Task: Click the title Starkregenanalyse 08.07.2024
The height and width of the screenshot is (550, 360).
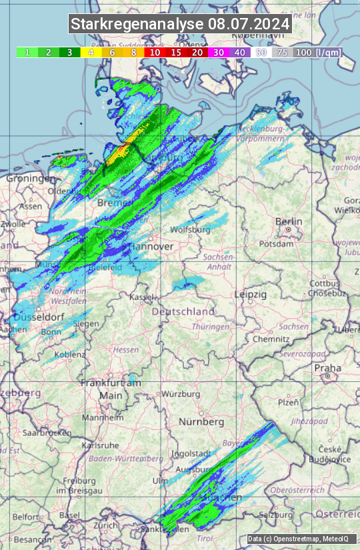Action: [x=180, y=25]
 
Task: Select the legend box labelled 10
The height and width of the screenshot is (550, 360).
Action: [x=155, y=52]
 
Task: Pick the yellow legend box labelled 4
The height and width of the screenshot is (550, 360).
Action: [x=90, y=52]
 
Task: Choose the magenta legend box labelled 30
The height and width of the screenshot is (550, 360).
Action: [x=219, y=52]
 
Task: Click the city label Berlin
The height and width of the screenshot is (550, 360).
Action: [x=289, y=222]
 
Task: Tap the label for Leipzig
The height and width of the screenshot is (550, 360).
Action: [x=251, y=294]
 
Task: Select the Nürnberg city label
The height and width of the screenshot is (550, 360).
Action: [x=201, y=422]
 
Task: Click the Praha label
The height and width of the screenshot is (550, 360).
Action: [x=328, y=368]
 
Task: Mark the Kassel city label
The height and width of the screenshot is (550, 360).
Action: [x=141, y=297]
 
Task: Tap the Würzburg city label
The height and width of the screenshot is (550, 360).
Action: [x=181, y=394]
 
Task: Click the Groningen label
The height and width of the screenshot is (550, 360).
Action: [x=31, y=179]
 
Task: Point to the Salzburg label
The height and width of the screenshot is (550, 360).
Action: [x=276, y=515]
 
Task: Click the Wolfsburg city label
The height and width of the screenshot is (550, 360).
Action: [x=191, y=230]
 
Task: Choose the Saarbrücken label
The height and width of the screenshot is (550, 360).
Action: [x=47, y=433]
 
